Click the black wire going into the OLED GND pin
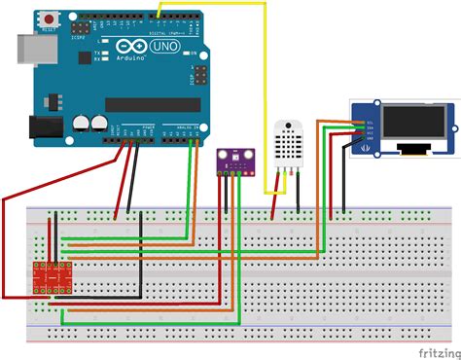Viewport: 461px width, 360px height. click(x=345, y=175)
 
